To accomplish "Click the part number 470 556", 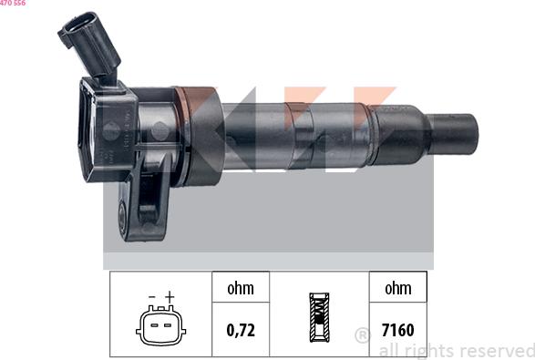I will tap(13, 4).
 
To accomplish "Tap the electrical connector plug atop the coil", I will tap(87, 42).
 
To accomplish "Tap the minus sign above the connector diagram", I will tap(151, 297).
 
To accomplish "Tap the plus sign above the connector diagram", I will tap(170, 297).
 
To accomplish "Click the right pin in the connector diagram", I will tap(169, 325).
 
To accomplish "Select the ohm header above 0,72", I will tap(241, 289).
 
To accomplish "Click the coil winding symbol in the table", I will tap(318, 317).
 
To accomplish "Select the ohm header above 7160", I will tap(398, 289).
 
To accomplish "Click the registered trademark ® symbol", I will tap(363, 334).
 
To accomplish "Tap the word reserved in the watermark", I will tap(496, 350).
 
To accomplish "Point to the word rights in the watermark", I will tap(427, 350).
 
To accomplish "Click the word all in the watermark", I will tap(388, 350).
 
